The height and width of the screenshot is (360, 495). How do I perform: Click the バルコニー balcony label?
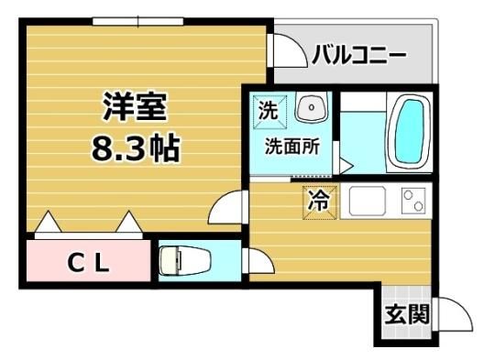359,55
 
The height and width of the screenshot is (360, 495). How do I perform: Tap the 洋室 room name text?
135,106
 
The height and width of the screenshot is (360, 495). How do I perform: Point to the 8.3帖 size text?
136,147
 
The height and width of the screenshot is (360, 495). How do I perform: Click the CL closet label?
88,263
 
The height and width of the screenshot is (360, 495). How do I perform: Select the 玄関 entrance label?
407,314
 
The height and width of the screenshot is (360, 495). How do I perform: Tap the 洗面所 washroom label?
292,147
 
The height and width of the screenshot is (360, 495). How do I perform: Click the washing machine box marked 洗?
269,111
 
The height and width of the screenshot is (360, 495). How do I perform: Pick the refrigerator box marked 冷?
319,202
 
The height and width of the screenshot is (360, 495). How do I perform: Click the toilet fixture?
184,261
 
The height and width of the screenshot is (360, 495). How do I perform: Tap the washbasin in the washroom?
312,107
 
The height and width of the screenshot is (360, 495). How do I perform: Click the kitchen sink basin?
368,201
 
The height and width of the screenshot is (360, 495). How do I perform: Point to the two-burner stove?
413,201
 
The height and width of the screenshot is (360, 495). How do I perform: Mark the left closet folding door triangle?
48,221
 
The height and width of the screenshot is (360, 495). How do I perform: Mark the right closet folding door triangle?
129,221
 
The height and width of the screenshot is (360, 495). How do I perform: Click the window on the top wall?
137,21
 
